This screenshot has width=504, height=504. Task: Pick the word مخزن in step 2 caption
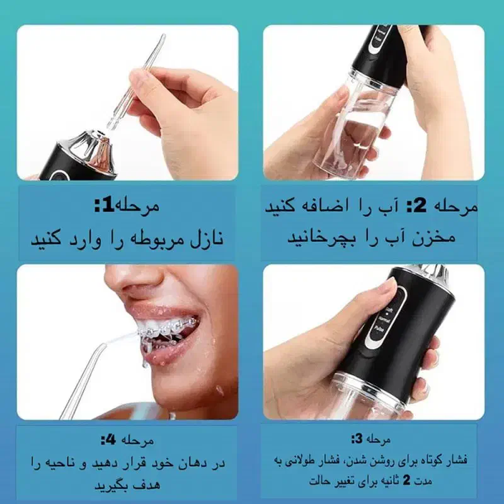(x=454, y=239)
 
